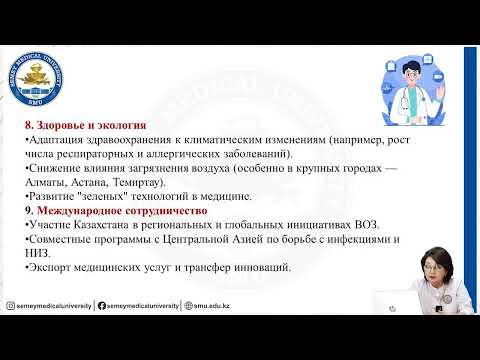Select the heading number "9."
[x=28, y=212]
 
